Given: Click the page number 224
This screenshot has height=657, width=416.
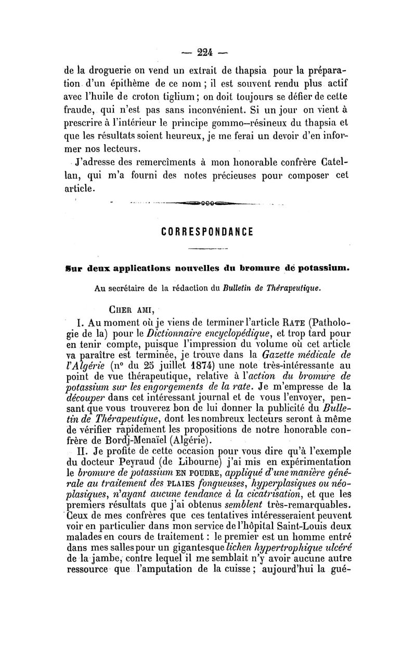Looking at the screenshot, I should (208, 51).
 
